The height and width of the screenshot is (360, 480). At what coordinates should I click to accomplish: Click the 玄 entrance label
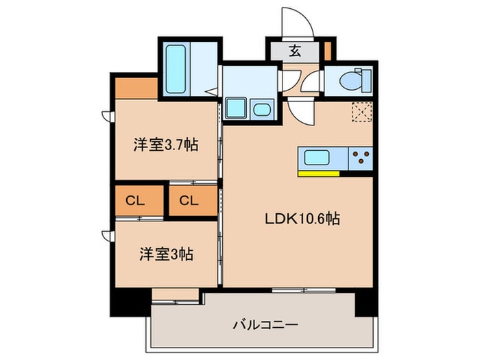294,50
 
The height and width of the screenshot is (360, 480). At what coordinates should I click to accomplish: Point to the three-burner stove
360,158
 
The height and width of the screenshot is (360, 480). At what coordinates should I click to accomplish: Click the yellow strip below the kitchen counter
319,173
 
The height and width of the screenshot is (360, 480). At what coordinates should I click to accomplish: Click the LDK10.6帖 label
302,220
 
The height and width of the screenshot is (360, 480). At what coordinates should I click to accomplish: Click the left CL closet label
134,201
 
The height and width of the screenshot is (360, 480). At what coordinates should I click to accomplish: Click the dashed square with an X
361,112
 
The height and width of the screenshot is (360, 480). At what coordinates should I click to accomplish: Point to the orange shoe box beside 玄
328,51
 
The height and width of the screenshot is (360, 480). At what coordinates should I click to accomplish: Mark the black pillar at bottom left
123,300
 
